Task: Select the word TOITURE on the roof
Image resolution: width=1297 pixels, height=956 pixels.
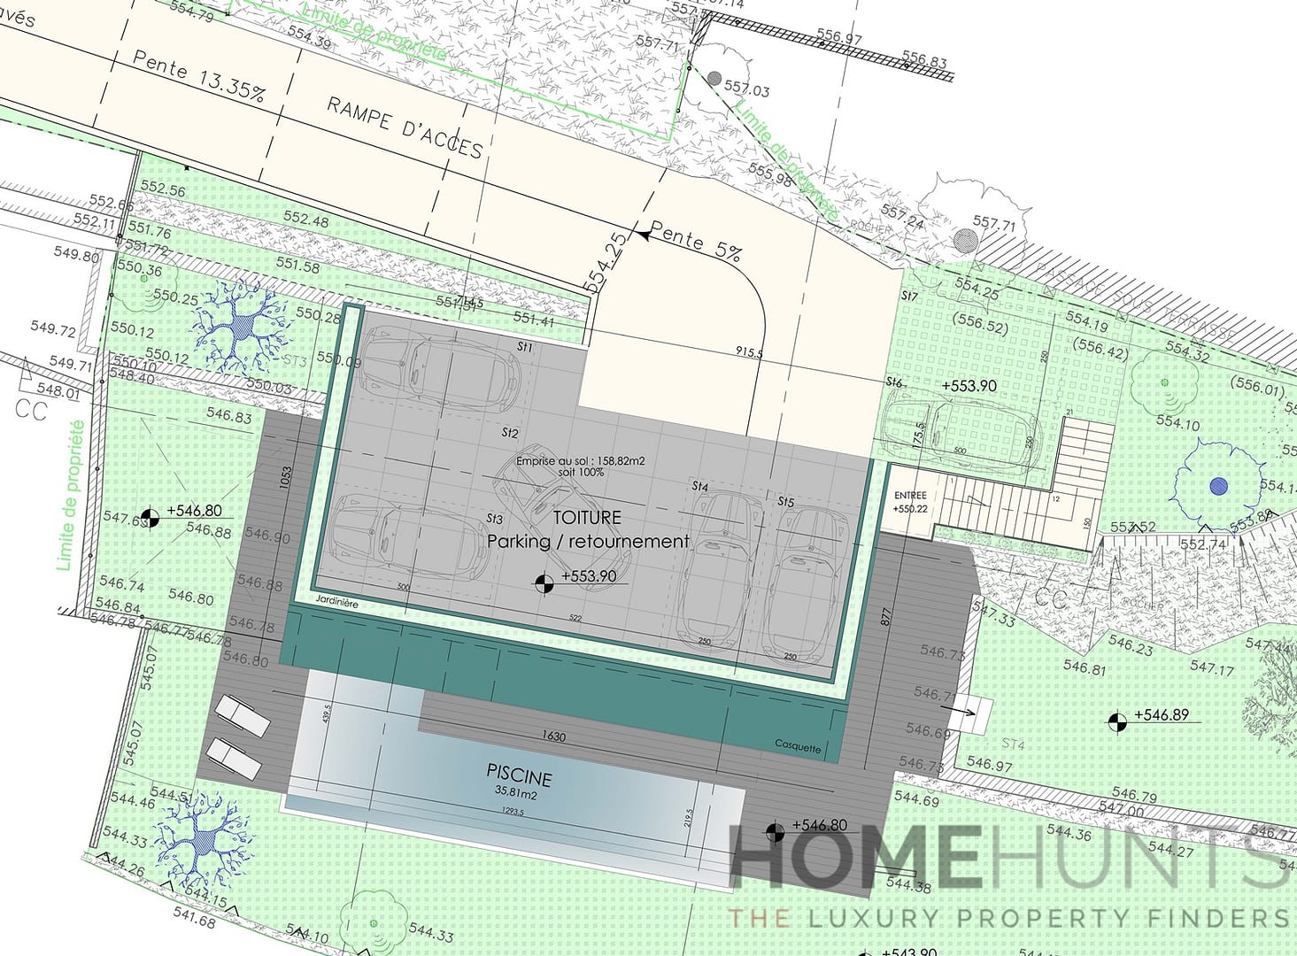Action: pyautogui.click(x=587, y=517)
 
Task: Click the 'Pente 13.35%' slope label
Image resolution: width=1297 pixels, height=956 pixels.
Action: pyautogui.click(x=198, y=76)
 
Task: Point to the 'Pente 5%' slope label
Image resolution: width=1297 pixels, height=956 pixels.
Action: pyautogui.click(x=696, y=242)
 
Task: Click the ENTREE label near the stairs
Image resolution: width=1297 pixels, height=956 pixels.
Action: pyautogui.click(x=910, y=496)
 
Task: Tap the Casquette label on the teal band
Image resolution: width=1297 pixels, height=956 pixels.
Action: pyautogui.click(x=798, y=746)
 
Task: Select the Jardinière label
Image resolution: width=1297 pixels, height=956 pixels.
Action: pyautogui.click(x=336, y=603)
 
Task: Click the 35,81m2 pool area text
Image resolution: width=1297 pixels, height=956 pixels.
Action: pyautogui.click(x=516, y=794)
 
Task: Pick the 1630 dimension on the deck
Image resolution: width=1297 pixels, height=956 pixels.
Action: pyautogui.click(x=553, y=736)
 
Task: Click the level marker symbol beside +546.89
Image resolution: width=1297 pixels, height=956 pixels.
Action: pyautogui.click(x=1118, y=722)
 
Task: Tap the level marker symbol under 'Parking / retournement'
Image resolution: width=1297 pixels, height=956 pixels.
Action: pyautogui.click(x=544, y=582)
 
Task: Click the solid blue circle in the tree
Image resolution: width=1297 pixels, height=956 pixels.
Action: pyautogui.click(x=1219, y=485)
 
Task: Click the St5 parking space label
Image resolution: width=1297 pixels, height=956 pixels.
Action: pyautogui.click(x=785, y=502)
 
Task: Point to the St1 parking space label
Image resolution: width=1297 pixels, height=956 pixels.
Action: pyautogui.click(x=525, y=348)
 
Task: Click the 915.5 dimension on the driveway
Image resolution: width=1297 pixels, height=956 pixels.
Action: pyautogui.click(x=748, y=352)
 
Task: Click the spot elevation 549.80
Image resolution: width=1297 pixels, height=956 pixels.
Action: pyautogui.click(x=76, y=254)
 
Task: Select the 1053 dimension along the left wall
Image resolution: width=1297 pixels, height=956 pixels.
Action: pyautogui.click(x=285, y=479)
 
